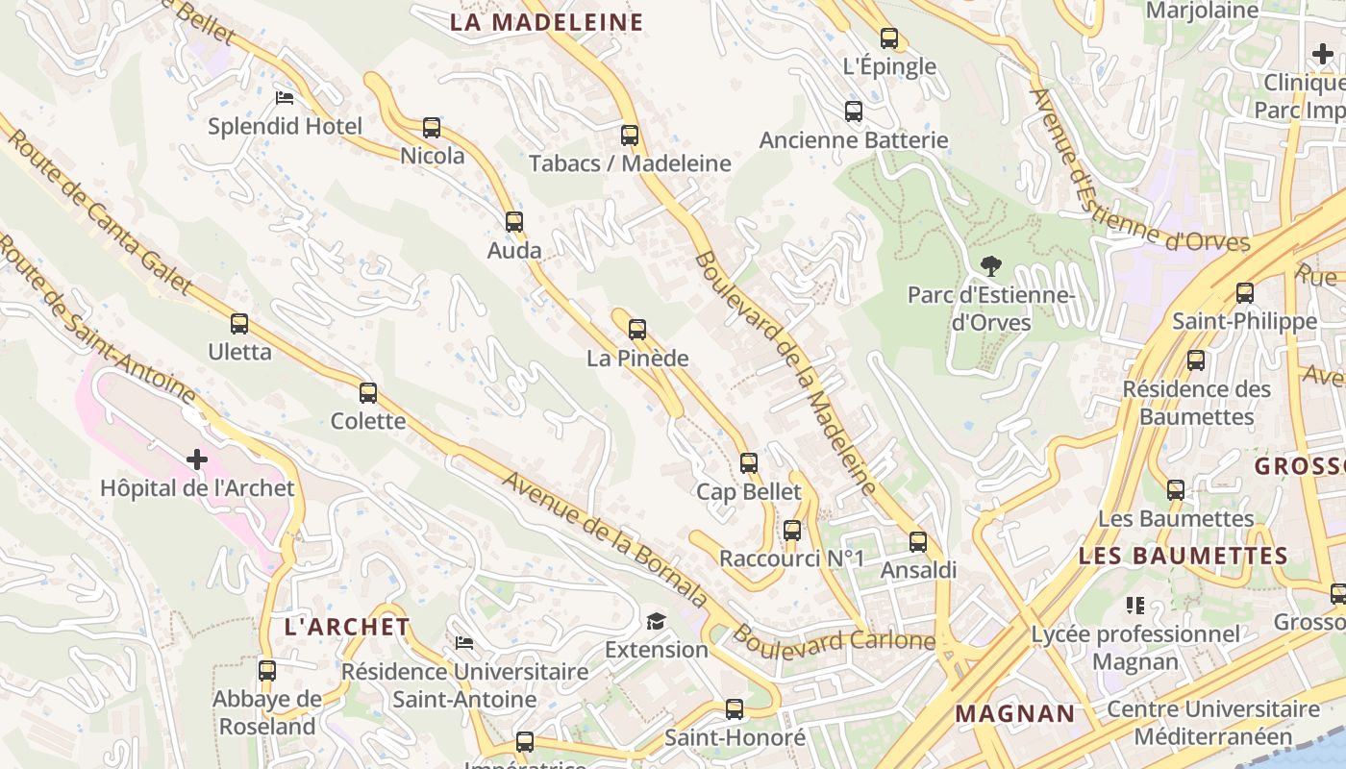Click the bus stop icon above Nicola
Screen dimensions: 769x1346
coord(432,127)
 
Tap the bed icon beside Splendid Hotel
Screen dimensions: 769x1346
coord(284,98)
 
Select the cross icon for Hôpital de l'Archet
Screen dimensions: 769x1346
coord(197,459)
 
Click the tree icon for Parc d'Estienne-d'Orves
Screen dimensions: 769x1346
coord(990,265)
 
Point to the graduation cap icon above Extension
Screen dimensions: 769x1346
coord(656,621)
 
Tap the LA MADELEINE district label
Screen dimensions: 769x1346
coord(546,22)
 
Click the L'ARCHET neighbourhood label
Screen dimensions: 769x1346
coord(347,627)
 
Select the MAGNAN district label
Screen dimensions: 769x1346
coord(1014,713)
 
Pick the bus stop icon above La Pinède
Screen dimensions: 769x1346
coord(637,330)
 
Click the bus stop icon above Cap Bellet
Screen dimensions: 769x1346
coord(749,463)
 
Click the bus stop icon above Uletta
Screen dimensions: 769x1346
coord(239,324)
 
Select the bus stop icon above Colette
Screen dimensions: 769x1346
coord(368,392)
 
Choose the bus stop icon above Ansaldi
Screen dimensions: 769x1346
coord(918,541)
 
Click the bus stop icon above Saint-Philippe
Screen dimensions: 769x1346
coord(1245,292)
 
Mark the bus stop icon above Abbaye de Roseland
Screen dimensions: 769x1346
coord(267,670)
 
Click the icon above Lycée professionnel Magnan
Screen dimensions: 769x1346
coord(1135,606)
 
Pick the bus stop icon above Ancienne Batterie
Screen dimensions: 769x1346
coord(854,112)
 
